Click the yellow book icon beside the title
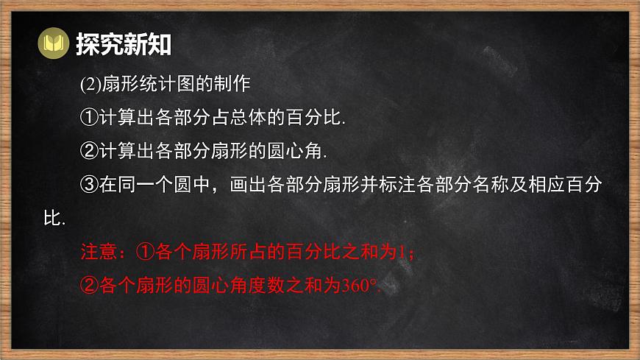click(52, 45)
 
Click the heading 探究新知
click(124, 45)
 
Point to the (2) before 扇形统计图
click(88, 84)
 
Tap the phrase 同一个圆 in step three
click(162, 185)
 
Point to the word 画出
click(247, 185)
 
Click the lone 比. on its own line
click(55, 219)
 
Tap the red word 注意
click(99, 252)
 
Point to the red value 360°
click(359, 286)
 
